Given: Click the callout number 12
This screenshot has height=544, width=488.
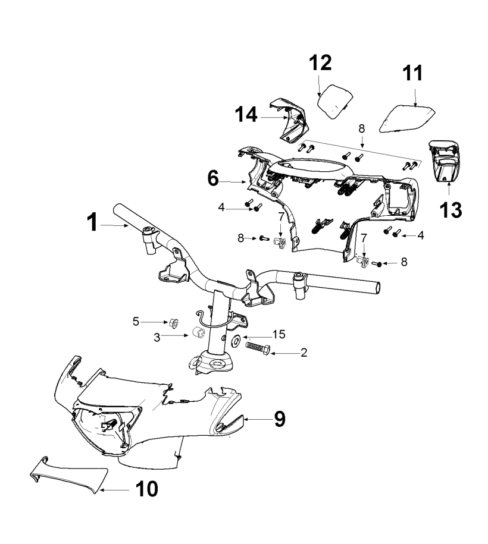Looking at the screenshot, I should pyautogui.click(x=320, y=63).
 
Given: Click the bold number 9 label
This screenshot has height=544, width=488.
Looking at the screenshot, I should pyautogui.click(x=279, y=419).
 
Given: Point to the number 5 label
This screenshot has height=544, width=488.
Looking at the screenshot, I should pyautogui.click(x=136, y=322).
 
